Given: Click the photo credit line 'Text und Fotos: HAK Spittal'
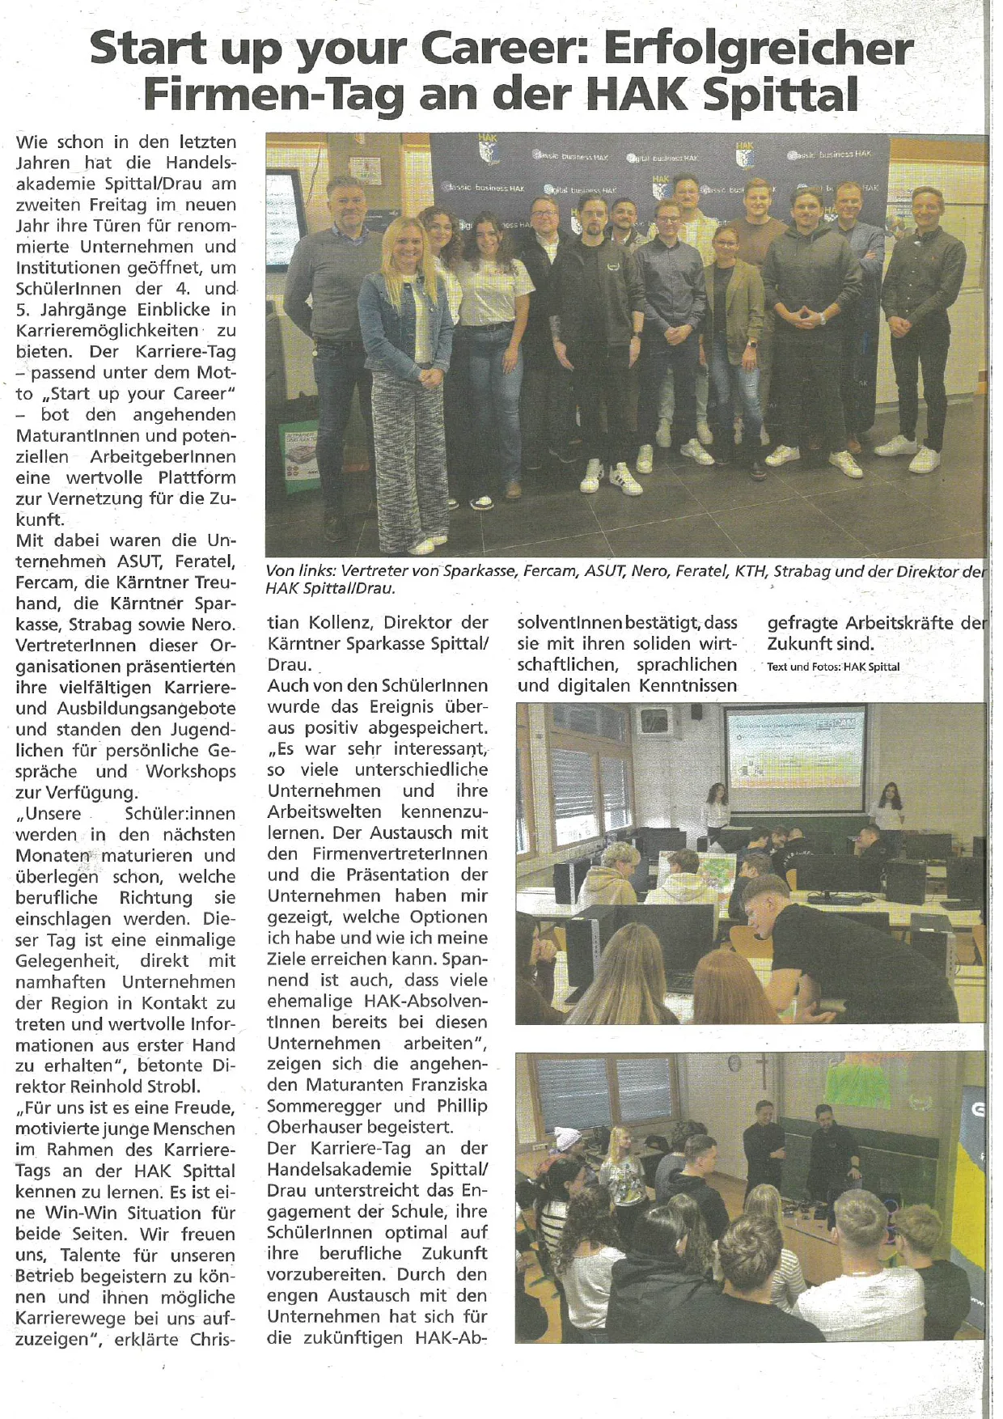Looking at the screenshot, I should (x=833, y=667).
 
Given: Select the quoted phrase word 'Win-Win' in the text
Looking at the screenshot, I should (x=90, y=1213).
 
